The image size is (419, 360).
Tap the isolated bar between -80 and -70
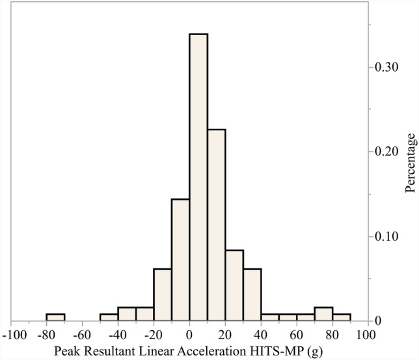[x=55, y=317]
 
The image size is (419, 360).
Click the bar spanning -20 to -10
[x=163, y=295]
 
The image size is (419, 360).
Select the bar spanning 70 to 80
[x=323, y=314]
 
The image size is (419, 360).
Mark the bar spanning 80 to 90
[x=342, y=317]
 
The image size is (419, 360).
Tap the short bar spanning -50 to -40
[x=109, y=317]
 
